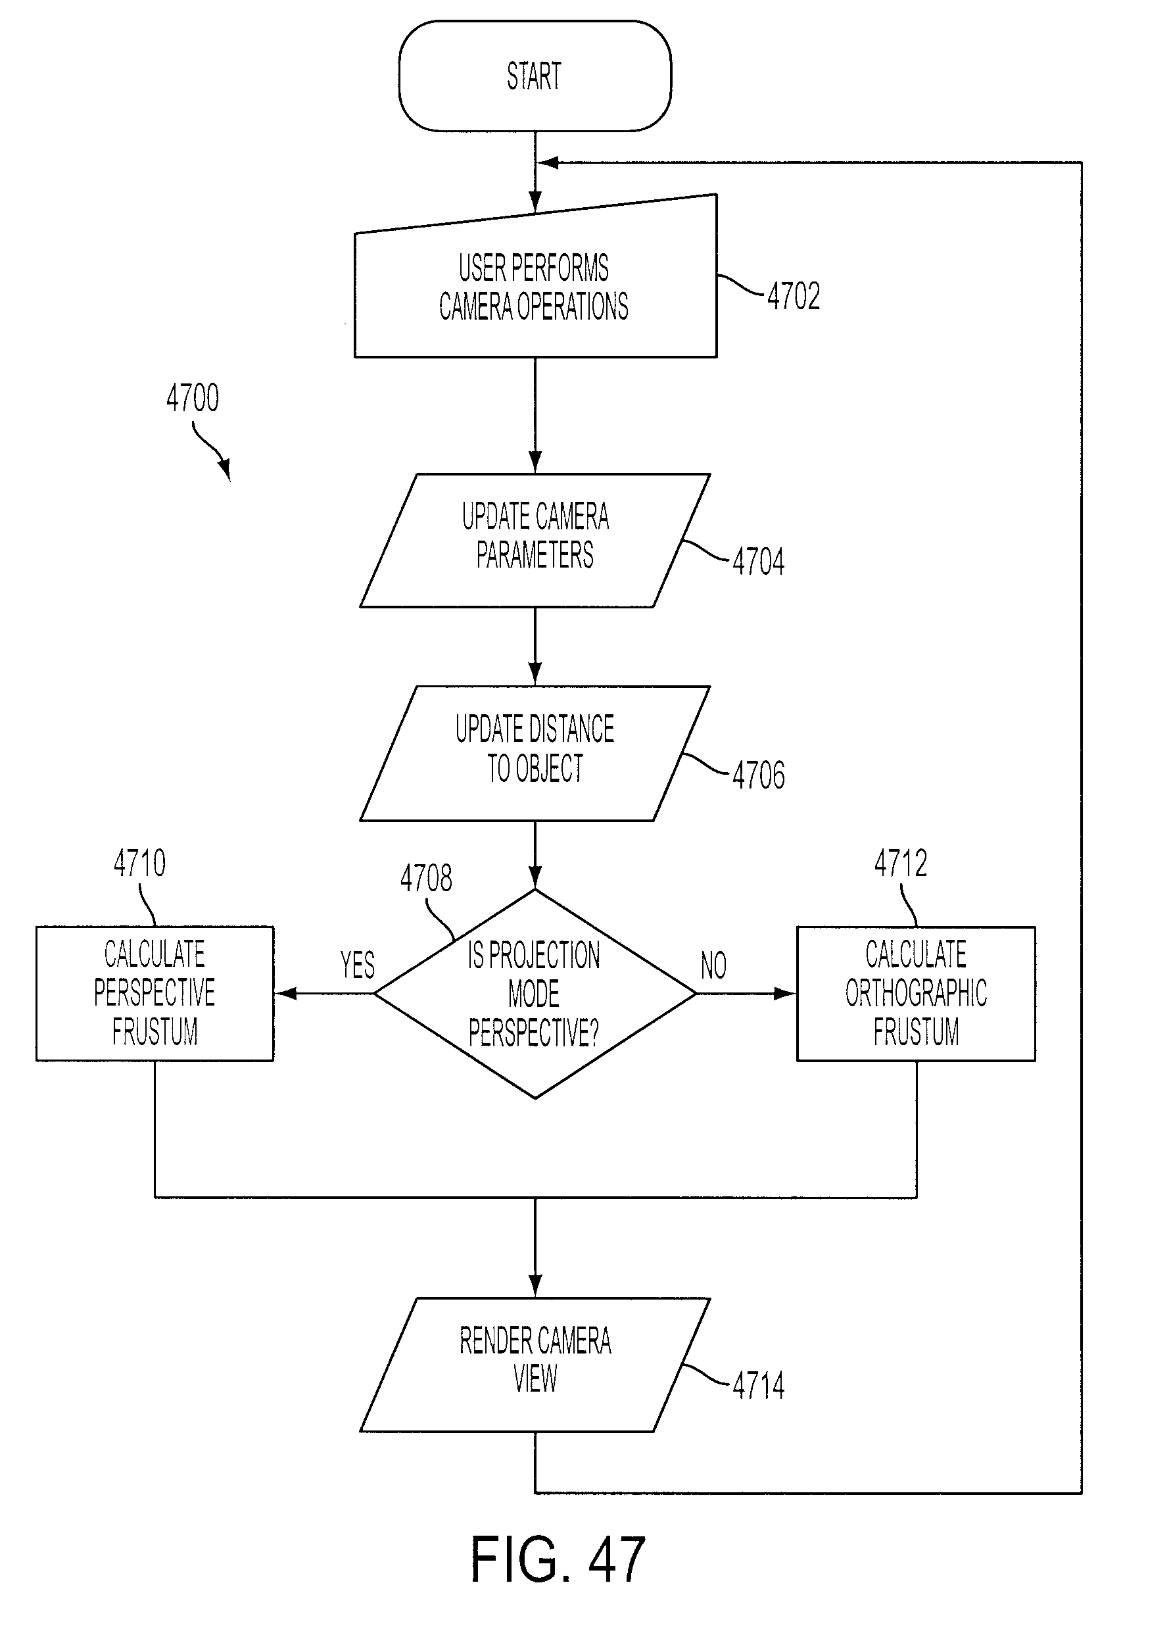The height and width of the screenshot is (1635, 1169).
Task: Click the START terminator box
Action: (535, 76)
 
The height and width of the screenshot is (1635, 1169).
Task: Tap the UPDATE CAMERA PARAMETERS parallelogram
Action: (535, 540)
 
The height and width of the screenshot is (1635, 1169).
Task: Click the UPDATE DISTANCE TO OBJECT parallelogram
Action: (535, 753)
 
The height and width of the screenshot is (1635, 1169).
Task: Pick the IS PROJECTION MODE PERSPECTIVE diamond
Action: (535, 994)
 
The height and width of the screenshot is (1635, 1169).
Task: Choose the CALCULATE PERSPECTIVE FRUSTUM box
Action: (155, 994)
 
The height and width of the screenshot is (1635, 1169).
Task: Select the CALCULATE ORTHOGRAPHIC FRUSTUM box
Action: (916, 994)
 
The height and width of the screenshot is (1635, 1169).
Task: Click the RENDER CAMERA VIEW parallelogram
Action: (535, 1364)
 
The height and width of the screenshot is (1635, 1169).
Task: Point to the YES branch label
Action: (358, 965)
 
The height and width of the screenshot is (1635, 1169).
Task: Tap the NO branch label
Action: (713, 965)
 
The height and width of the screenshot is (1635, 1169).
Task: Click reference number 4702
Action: (793, 296)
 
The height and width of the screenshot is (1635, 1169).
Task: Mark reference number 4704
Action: (759, 562)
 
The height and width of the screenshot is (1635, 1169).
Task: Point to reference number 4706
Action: (759, 775)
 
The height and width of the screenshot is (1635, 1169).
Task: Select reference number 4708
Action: (426, 878)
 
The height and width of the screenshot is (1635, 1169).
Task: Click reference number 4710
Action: (139, 862)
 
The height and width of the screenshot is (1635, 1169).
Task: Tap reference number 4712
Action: (901, 862)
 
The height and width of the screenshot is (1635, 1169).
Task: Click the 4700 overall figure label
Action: (192, 397)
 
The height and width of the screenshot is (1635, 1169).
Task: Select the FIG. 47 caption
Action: (558, 1559)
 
